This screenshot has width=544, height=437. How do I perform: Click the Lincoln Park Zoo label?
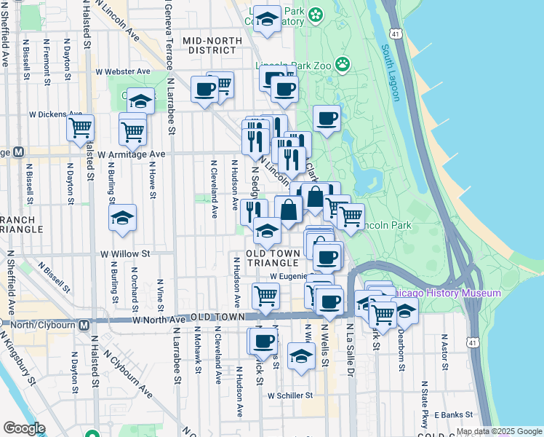point(295,66)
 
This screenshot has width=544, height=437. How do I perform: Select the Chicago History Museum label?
point(447,293)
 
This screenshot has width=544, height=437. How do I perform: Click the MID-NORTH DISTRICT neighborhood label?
point(210,45)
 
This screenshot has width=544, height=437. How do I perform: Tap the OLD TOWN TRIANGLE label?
point(272,258)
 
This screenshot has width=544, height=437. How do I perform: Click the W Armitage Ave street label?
point(127,154)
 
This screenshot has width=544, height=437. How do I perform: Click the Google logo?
point(25,428)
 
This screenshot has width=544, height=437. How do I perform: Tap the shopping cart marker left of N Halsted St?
point(80,129)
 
